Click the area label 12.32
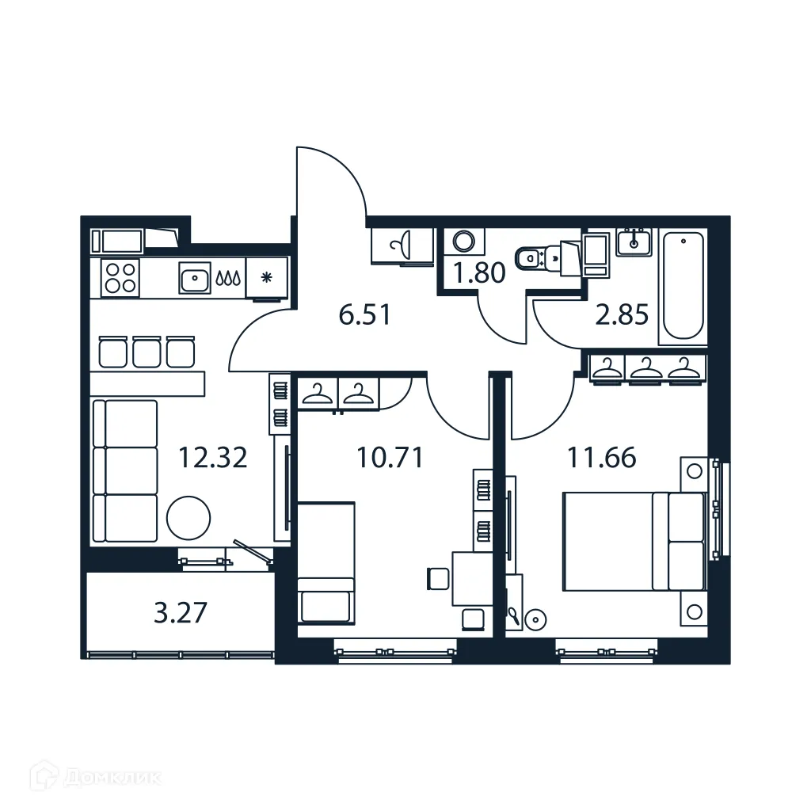(212, 458)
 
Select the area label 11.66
(601, 458)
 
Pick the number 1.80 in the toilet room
(478, 274)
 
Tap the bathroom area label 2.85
(622, 315)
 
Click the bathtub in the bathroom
(682, 286)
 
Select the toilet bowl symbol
(529, 257)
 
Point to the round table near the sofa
(188, 518)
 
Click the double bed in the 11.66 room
(633, 541)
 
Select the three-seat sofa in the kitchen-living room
(125, 471)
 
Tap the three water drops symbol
(230, 279)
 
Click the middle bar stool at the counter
(147, 352)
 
